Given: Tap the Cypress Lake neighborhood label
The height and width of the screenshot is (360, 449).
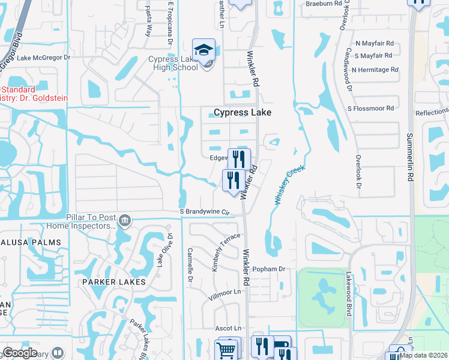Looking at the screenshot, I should pyautogui.click(x=243, y=112).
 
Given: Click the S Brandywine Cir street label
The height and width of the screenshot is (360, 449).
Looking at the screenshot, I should pyautogui.click(x=205, y=212).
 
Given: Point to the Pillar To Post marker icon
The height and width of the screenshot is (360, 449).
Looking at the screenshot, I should pyautogui.click(x=124, y=220).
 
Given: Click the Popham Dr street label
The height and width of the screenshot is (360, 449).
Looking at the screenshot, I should pyautogui.click(x=268, y=269).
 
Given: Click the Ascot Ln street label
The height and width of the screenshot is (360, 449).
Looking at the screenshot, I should pyautogui.click(x=228, y=328).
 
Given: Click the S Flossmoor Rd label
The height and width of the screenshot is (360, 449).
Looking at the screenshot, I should pyautogui.click(x=370, y=108).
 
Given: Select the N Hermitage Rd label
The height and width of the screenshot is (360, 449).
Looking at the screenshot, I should pyautogui.click(x=375, y=70).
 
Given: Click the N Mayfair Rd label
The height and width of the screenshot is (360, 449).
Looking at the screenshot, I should pyautogui.click(x=374, y=43).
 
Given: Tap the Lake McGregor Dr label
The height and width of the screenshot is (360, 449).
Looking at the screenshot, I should pyautogui.click(x=43, y=58).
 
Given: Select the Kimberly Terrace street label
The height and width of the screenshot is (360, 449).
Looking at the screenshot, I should pyautogui.click(x=226, y=253).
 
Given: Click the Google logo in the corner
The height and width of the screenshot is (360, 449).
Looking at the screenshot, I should pyautogui.click(x=19, y=353).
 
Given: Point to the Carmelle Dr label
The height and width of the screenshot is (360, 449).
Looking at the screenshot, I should pyautogui.click(x=190, y=265).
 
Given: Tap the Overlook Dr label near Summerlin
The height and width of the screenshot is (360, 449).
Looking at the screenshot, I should pyautogui.click(x=358, y=175).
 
